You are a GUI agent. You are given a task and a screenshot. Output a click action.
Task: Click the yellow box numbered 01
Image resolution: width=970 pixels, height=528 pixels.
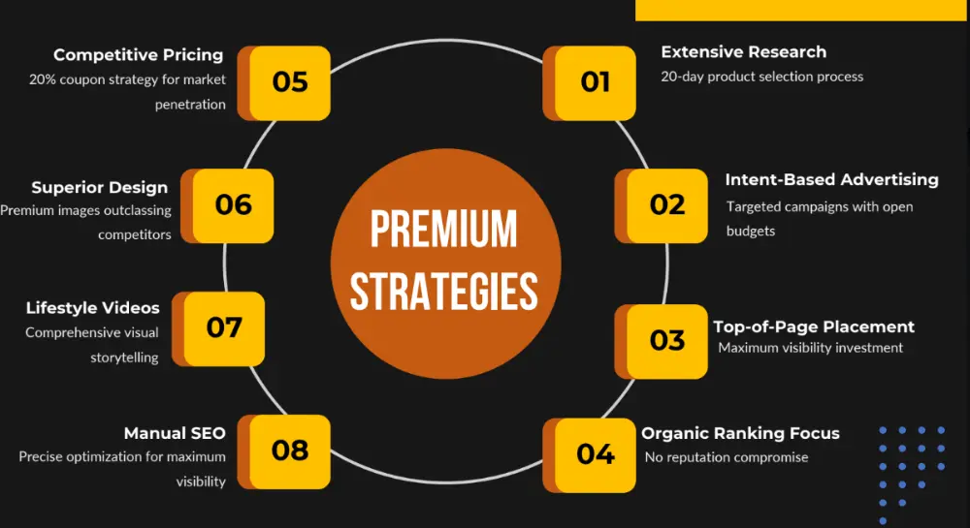(x=596, y=82)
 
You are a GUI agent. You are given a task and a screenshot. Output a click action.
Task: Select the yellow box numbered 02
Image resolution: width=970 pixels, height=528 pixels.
(x=667, y=205)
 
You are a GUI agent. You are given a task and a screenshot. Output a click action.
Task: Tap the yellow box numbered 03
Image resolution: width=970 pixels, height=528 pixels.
(x=667, y=341)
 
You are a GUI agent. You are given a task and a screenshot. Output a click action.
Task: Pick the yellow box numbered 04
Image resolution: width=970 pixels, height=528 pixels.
(x=596, y=455)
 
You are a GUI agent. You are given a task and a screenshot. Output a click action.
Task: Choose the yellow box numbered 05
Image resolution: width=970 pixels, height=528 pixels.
(x=289, y=82)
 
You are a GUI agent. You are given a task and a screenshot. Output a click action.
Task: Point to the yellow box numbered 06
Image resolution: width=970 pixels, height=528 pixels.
(x=233, y=205)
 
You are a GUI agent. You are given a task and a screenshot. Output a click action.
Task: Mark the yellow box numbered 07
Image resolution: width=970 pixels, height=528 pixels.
(x=224, y=328)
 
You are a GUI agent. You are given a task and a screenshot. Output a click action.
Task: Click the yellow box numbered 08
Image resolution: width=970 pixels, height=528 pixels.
(x=289, y=451)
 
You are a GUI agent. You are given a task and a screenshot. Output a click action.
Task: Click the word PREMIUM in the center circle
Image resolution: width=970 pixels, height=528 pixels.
(x=443, y=229)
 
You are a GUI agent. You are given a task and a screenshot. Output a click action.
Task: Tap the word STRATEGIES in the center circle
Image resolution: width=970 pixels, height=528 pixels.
(x=444, y=292)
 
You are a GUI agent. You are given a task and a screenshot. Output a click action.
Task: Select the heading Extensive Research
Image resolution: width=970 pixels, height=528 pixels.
(x=744, y=52)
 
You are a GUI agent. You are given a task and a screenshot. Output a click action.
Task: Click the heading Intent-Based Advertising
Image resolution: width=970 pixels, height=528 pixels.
(x=831, y=179)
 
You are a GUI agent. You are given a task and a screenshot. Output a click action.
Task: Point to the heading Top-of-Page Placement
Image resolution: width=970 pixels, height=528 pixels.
(x=814, y=326)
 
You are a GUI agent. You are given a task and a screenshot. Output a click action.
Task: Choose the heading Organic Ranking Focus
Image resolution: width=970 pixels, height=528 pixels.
(x=740, y=433)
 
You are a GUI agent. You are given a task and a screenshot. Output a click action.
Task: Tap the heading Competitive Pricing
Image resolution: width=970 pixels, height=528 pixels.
(x=138, y=55)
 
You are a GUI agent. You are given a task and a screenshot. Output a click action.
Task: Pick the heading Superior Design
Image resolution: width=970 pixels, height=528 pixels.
(x=100, y=188)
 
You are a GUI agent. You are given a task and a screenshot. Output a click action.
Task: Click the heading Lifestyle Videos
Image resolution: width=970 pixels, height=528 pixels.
(x=93, y=307)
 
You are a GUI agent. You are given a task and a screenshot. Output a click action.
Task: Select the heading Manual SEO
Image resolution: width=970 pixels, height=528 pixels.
(x=175, y=433)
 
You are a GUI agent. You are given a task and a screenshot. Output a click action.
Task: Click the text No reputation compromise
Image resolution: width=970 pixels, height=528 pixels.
(x=727, y=457)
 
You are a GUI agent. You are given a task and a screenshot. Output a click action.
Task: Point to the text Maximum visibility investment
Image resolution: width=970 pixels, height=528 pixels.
(x=810, y=348)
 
